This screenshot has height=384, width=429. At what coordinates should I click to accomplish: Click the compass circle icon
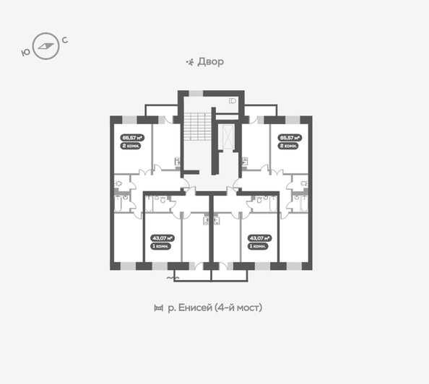[x=46, y=45]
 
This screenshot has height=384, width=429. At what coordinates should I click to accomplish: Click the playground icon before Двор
[x=190, y=62]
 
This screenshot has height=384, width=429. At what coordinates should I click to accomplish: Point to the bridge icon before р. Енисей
[x=158, y=308]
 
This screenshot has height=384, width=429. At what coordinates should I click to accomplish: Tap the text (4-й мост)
[x=239, y=308]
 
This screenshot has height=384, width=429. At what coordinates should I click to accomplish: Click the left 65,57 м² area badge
[x=132, y=136]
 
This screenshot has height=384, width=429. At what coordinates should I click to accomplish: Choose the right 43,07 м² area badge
[x=259, y=237]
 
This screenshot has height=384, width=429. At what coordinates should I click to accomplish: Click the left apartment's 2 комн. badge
[x=131, y=145]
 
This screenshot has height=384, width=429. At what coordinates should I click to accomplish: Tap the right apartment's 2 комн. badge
[x=288, y=145]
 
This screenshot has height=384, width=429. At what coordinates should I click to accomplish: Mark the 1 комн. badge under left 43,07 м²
[x=160, y=246]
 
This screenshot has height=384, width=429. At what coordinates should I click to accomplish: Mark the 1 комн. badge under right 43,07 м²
[x=258, y=246]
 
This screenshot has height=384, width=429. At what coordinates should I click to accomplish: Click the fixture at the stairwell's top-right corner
[x=233, y=101]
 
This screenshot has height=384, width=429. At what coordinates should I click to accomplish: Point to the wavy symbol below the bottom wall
[x=173, y=278]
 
